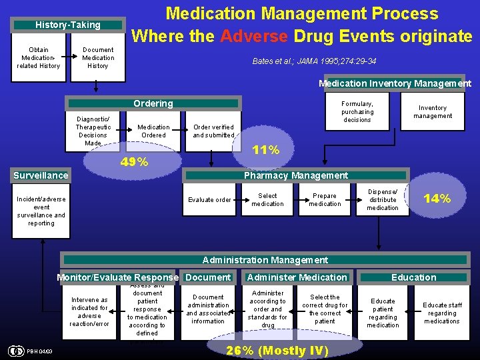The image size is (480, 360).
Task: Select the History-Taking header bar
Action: (68, 25)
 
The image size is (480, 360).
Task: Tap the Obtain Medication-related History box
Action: (39, 58)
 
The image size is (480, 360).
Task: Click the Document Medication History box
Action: (98, 58)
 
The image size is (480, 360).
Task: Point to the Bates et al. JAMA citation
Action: (314, 61)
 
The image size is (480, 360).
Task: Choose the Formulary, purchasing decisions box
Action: (357, 112)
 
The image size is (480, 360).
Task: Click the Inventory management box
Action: (433, 112)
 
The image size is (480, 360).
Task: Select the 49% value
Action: (134, 162)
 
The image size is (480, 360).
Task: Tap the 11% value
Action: (265, 150)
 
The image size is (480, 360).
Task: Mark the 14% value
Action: (437, 198)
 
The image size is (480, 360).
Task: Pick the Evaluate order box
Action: (209, 200)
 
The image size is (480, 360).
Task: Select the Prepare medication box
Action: (325, 200)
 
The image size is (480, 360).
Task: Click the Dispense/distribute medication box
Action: (383, 199)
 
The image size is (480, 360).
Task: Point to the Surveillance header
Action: (41, 176)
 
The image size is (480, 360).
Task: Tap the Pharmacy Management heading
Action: (296, 176)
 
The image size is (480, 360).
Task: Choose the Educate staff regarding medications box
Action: (442, 313)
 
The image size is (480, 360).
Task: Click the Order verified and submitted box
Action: (213, 131)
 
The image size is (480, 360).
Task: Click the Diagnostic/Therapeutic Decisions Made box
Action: (93, 131)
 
